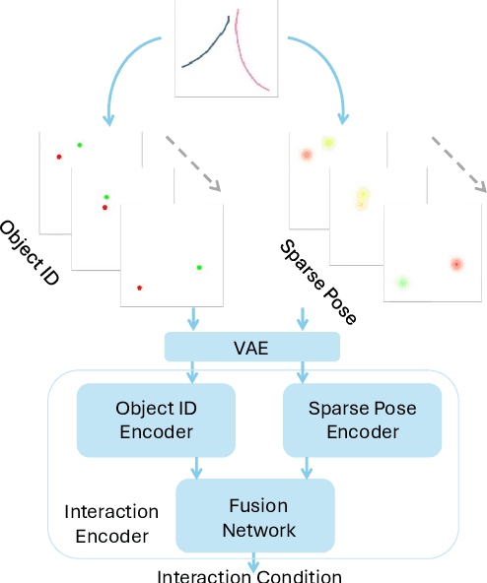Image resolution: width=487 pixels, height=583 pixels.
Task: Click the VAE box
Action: point(251,347)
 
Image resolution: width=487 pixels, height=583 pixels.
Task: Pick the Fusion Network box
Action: point(255,516)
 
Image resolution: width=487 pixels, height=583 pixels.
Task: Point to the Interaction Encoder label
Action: point(110,524)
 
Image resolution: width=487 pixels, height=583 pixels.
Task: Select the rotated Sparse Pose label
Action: point(317,282)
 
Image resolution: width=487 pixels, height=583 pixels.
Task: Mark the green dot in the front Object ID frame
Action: point(199,267)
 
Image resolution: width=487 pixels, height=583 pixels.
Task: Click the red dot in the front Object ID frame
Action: point(139,288)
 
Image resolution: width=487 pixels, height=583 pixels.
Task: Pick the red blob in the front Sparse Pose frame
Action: point(455,264)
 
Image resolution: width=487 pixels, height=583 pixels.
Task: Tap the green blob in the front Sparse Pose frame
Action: point(401,283)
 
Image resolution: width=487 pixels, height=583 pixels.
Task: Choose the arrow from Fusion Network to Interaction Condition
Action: point(254,561)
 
